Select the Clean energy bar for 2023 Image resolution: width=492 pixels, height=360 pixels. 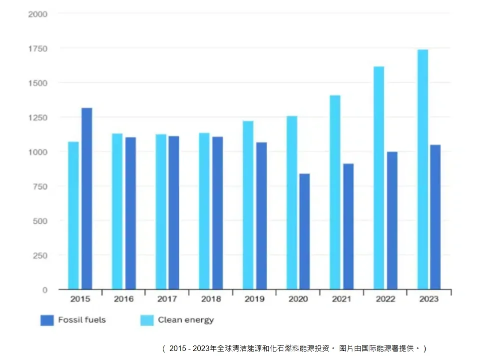tap(423, 169)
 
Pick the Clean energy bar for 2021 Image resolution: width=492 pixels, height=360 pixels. tap(335, 192)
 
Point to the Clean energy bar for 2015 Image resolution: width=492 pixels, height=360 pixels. tap(73, 215)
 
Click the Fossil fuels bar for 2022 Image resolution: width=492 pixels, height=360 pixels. tap(392, 220)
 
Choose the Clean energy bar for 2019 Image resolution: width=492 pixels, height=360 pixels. tap(248, 205)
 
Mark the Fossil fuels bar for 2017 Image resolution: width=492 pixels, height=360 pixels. tap(173, 212)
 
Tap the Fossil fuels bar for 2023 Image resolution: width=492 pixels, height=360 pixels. tap(435, 217)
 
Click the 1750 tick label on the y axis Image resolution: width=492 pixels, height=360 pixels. tap(37, 48)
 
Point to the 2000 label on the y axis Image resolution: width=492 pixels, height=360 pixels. tap(37, 14)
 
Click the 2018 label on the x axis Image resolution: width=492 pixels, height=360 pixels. tap(211, 299)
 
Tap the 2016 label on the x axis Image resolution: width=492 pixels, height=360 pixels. tap(123, 299)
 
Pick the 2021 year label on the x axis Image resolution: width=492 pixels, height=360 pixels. tap(342, 299)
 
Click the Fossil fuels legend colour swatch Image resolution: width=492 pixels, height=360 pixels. tap(47, 320)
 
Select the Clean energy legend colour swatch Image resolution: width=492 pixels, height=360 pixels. tap(147, 320)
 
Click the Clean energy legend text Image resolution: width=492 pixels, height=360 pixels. tap(186, 320)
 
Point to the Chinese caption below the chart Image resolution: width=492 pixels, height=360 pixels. tap(295, 348)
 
